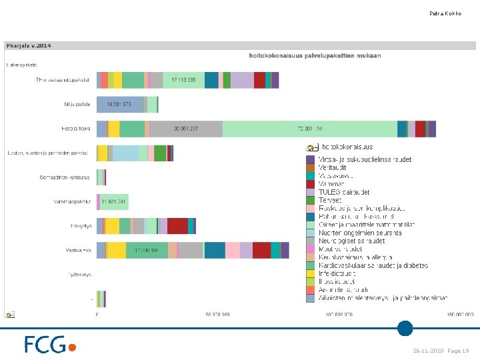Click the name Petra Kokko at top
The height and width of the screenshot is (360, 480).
click(x=445, y=13)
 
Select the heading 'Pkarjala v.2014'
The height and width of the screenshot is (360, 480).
click(x=29, y=45)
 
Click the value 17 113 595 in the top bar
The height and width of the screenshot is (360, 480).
click(x=183, y=80)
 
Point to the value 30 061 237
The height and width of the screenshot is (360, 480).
click(x=186, y=129)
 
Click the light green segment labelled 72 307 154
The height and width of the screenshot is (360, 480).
click(x=309, y=129)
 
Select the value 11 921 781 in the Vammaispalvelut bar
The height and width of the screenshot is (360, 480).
click(x=113, y=201)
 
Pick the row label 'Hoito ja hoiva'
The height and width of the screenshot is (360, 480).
click(x=76, y=129)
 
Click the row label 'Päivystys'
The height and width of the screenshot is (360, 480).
click(x=81, y=226)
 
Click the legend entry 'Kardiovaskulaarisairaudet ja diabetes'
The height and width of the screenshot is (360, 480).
click(x=373, y=265)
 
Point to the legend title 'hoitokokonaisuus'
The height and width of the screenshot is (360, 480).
click(x=347, y=147)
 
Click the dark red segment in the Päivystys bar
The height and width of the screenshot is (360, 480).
click(x=177, y=226)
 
